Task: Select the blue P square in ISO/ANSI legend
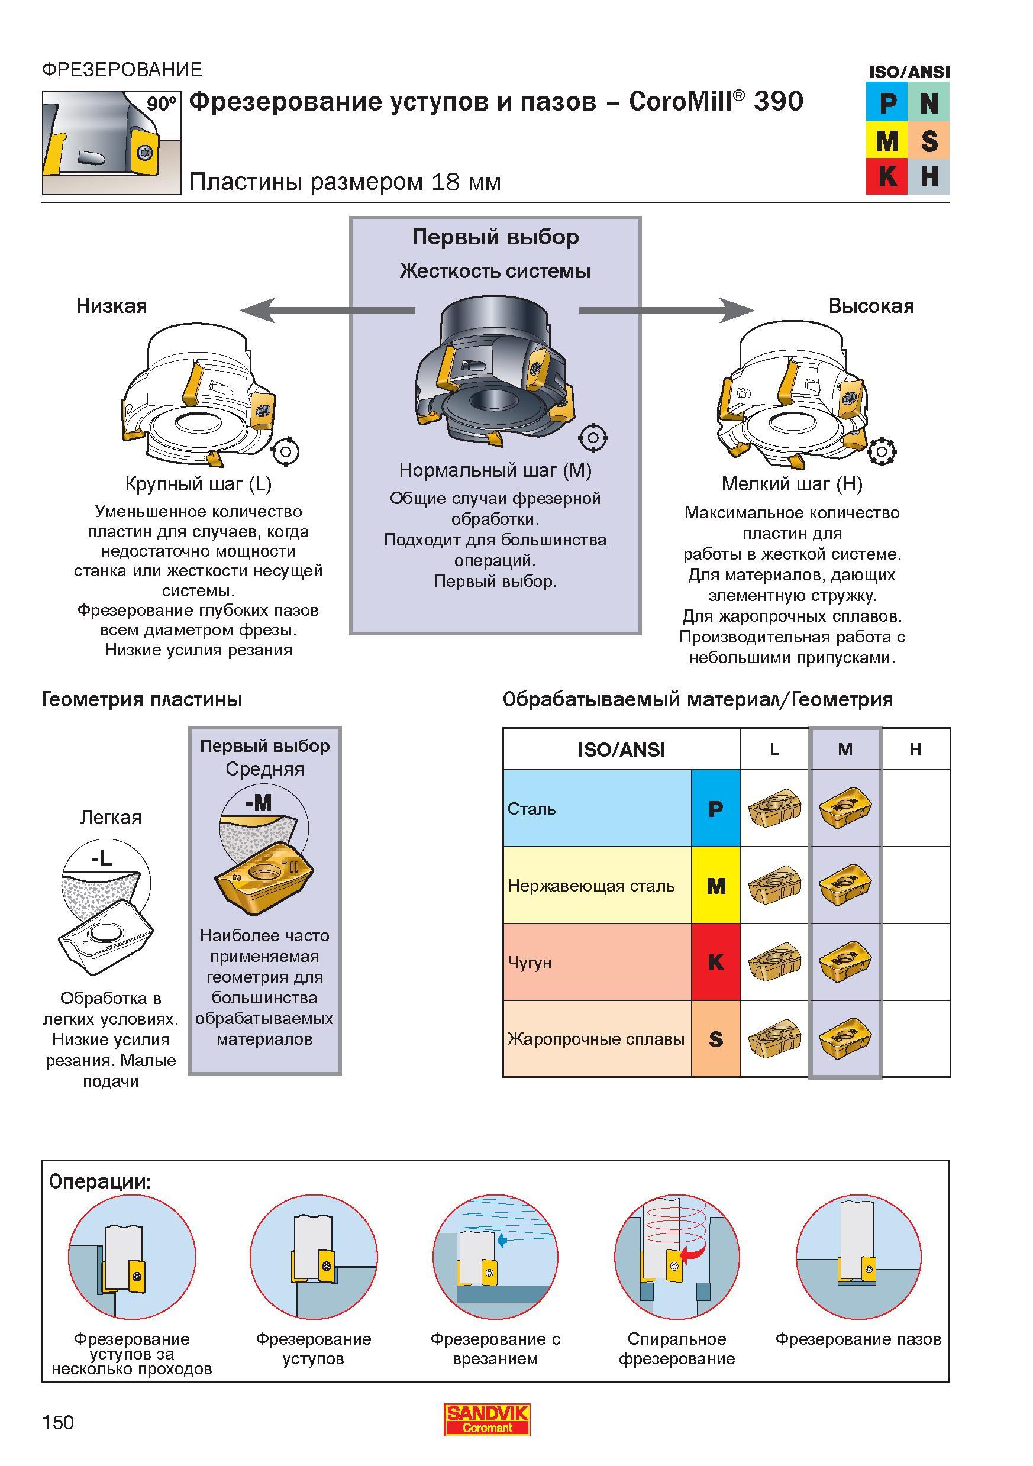[x=887, y=103]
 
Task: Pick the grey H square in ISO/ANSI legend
[x=929, y=176]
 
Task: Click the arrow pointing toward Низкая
[x=328, y=311]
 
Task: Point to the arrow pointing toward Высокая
[x=666, y=311]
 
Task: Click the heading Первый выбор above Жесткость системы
[x=495, y=237]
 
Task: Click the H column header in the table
[x=915, y=749]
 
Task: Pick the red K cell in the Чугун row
[x=716, y=961]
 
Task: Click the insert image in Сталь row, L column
[x=774, y=809]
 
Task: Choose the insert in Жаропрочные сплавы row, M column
[x=845, y=1039]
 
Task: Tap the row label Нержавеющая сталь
[x=591, y=886]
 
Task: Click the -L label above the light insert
[x=102, y=859]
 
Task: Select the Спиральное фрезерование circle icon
[x=677, y=1257]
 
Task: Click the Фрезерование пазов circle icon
[x=858, y=1257]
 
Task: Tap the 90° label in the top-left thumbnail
[x=162, y=104]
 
